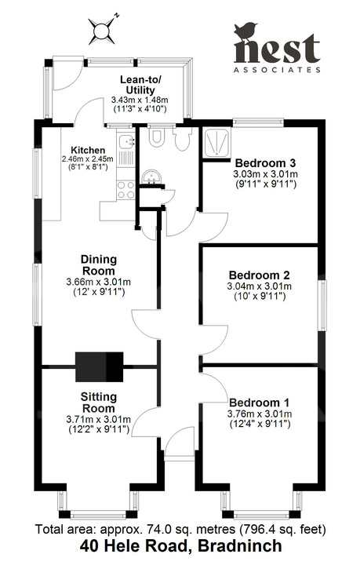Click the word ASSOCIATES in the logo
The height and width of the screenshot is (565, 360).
(x=278, y=69)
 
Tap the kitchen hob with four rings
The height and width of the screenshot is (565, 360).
(x=124, y=189)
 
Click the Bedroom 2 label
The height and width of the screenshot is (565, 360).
(x=260, y=275)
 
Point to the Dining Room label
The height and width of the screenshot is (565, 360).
(x=99, y=265)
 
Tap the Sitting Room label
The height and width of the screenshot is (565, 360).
(x=99, y=403)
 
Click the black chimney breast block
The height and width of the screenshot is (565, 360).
(x=100, y=366)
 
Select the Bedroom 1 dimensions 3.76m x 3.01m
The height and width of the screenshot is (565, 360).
(x=259, y=414)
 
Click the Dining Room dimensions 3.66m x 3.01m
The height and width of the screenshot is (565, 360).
(x=98, y=282)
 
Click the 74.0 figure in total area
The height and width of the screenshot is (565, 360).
(x=145, y=528)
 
